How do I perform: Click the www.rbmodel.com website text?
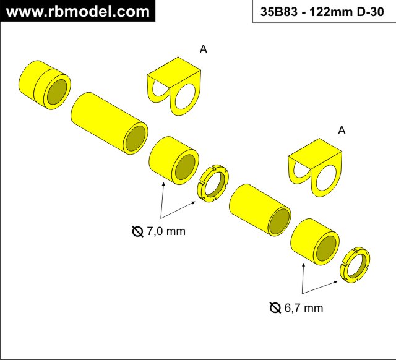tap(78, 12)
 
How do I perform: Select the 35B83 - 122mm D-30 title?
tap(322, 12)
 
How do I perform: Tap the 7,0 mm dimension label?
tap(166, 231)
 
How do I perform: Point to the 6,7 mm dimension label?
tap(304, 308)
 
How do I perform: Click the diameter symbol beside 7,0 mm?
tap(137, 231)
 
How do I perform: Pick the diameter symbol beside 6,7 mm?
tap(275, 308)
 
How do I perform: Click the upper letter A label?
tap(204, 49)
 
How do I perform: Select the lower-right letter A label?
tap(342, 131)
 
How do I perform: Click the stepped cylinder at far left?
tap(45, 85)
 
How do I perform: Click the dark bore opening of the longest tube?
tap(135, 139)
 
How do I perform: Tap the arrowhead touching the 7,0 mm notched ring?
tap(193, 202)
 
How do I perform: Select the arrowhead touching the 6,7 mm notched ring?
tap(335, 281)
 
